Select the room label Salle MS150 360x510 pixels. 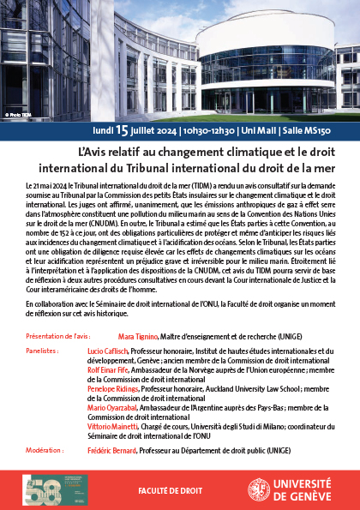[303, 131]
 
